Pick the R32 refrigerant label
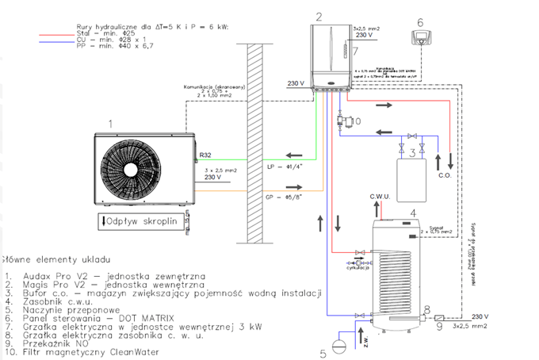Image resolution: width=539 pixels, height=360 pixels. point(206,155)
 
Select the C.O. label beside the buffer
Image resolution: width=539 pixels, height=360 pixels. point(445,176)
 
